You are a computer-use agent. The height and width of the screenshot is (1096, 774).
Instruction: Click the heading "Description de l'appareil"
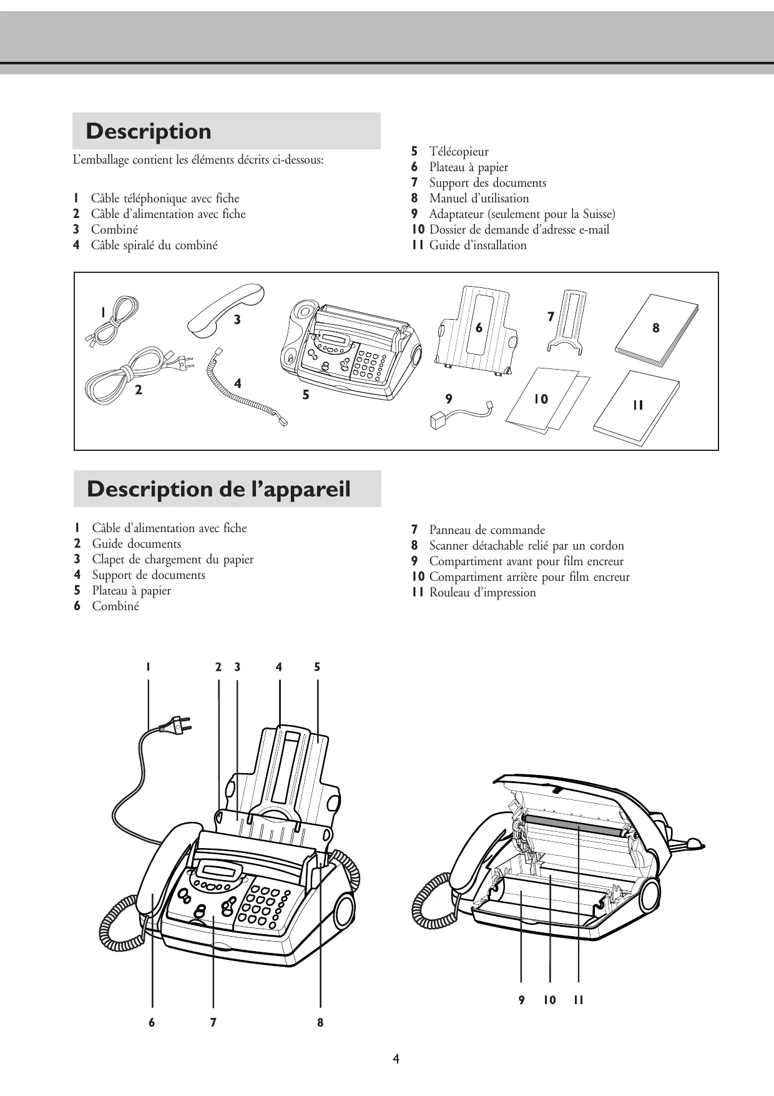(x=218, y=489)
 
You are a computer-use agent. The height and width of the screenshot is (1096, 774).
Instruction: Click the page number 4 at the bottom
(x=396, y=1059)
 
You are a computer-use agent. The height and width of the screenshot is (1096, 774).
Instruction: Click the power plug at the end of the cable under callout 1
(x=177, y=726)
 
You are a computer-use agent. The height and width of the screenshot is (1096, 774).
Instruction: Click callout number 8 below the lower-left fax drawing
(x=320, y=1022)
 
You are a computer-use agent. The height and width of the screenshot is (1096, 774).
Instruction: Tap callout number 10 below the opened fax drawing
(x=549, y=1000)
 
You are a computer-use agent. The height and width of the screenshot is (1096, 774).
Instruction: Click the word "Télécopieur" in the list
(x=459, y=152)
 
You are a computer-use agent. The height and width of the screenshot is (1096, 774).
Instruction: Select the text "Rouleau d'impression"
(x=483, y=593)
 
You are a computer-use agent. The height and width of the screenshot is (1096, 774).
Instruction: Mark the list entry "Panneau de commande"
(x=487, y=530)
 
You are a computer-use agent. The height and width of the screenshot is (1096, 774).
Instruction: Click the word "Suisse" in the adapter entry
(x=597, y=214)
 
